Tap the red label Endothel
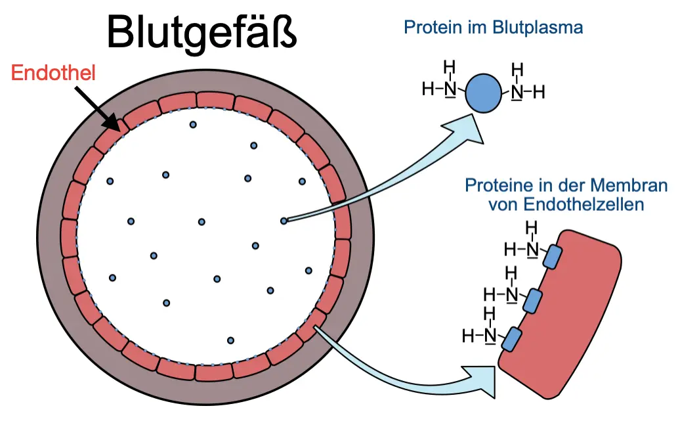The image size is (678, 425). tap(54, 73)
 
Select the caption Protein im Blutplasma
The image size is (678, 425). tap(494, 28)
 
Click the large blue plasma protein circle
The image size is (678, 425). tap(484, 93)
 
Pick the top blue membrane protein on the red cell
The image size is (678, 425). tap(554, 257)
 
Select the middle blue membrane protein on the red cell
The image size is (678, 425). tap(533, 300)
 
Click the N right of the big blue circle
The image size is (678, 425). tap(517, 91)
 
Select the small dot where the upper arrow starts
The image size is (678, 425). tap(284, 221)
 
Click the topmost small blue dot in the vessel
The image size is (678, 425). tap(193, 124)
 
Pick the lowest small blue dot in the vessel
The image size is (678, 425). tap(230, 340)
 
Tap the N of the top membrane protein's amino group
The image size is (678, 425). tap(532, 249)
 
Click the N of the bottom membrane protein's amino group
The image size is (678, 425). tap(490, 336)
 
